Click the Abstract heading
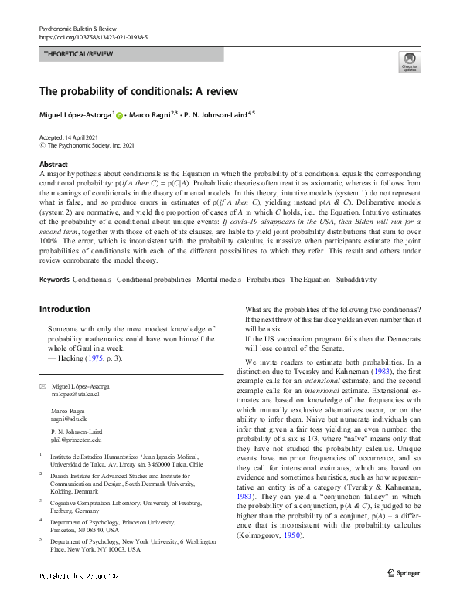pyautogui.click(x=54, y=165)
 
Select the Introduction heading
pyautogui.click(x=65, y=309)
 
